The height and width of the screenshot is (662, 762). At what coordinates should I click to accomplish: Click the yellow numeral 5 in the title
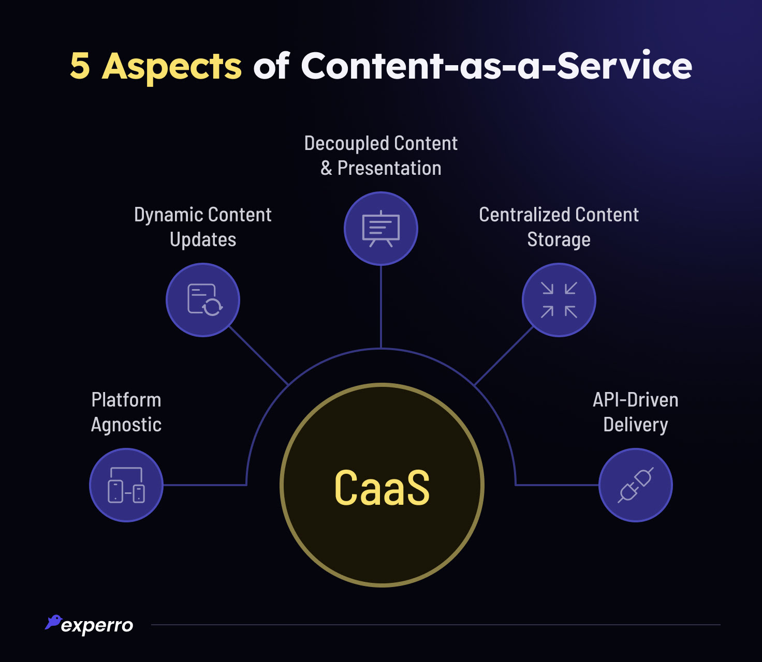tap(80, 66)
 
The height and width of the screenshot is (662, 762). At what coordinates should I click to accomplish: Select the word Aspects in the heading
tap(172, 67)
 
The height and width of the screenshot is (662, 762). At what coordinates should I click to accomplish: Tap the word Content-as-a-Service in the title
tap(496, 66)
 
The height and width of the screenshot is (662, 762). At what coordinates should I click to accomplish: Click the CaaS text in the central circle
tap(382, 487)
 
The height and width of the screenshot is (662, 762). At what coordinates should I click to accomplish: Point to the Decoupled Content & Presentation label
tap(381, 156)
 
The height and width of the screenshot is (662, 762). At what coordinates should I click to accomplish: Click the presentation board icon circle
tap(381, 229)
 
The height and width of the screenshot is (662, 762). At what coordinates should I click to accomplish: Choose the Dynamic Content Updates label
tap(203, 227)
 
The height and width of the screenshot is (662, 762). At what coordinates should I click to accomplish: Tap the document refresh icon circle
tap(203, 300)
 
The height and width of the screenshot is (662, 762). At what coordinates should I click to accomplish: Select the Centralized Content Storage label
tap(559, 227)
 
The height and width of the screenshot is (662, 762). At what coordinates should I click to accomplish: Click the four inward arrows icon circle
tap(559, 300)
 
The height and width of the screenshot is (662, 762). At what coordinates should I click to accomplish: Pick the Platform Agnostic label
tap(126, 412)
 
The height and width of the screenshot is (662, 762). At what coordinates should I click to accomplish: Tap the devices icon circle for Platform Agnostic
tap(126, 485)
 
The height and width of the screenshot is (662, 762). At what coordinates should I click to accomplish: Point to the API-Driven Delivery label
tap(636, 412)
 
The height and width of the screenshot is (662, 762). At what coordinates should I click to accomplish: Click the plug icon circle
tap(636, 485)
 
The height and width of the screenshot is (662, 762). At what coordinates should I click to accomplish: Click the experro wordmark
tap(97, 626)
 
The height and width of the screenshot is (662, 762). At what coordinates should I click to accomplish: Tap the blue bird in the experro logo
tap(53, 622)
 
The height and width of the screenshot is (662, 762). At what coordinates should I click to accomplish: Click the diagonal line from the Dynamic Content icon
tap(258, 356)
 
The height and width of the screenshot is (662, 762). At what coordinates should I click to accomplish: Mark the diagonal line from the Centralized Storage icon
tap(504, 356)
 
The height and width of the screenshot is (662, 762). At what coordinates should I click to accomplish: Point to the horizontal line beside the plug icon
tap(557, 485)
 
